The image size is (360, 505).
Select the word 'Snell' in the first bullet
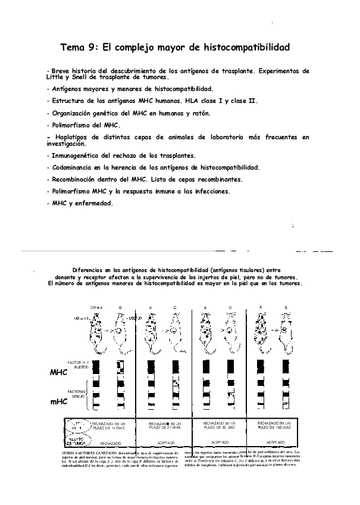pyautogui.click(x=78, y=77)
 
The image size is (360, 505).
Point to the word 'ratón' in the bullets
pyautogui.click(x=198, y=113)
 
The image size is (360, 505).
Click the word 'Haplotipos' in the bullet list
pyautogui.click(x=73, y=138)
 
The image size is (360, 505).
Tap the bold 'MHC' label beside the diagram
pyautogui.click(x=59, y=372)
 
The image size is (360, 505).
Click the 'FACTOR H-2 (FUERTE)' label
pyautogui.click(x=78, y=364)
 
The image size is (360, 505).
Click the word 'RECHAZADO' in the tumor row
pyautogui.click(x=111, y=443)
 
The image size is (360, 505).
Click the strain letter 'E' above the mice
pyautogui.click(x=286, y=307)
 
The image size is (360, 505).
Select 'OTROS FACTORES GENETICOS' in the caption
pyautogui.click(x=84, y=454)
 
